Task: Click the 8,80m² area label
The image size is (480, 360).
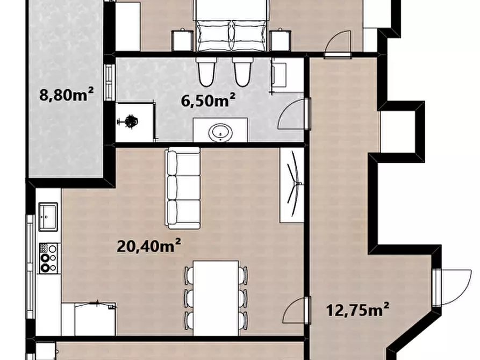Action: [66, 94]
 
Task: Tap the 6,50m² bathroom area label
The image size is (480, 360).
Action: [208, 100]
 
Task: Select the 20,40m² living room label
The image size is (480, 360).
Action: [148, 246]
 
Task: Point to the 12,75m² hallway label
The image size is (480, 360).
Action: [357, 309]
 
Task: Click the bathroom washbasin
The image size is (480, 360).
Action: [220, 133]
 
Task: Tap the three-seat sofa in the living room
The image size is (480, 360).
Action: [183, 188]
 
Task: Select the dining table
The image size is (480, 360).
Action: [216, 298]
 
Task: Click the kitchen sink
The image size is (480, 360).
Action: [48, 217]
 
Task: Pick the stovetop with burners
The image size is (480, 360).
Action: [48, 258]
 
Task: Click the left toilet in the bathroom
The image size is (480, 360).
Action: [206, 71]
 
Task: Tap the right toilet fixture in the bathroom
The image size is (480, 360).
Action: [243, 71]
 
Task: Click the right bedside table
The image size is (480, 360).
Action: [280, 40]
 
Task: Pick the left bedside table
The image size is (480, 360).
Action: [182, 40]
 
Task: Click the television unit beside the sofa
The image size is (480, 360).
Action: [292, 185]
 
